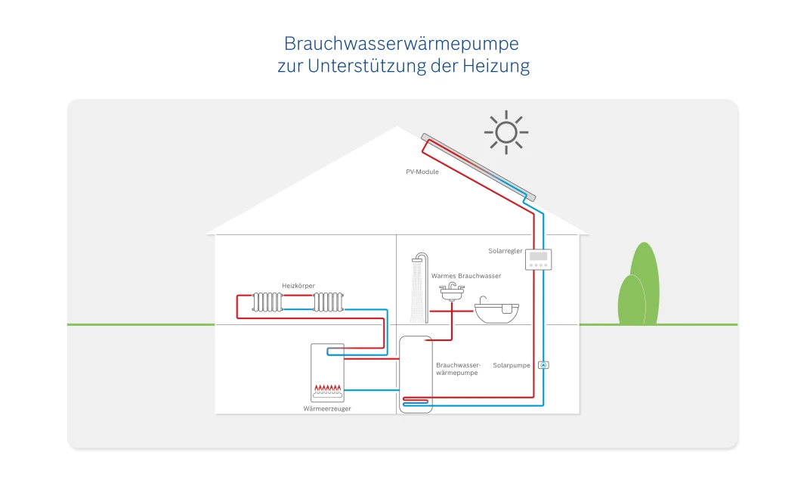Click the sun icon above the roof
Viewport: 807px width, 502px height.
tap(506, 132)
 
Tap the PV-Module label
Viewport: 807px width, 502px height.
tap(422, 172)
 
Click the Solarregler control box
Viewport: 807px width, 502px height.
tap(539, 260)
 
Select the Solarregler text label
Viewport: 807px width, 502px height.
tap(506, 251)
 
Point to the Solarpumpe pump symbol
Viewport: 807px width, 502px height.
tap(543, 365)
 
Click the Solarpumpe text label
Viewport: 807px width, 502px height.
tap(512, 365)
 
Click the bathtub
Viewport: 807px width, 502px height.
tap(496, 311)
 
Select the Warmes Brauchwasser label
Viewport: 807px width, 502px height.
tap(466, 276)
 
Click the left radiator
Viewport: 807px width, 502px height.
tap(267, 302)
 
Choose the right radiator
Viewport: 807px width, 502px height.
tap(329, 302)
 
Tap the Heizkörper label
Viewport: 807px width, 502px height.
tap(298, 285)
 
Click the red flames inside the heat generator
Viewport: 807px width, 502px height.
tap(328, 389)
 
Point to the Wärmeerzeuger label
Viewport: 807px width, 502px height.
tap(327, 408)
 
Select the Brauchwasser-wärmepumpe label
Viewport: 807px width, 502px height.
tap(458, 369)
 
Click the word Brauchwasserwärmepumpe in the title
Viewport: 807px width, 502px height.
tap(401, 43)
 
